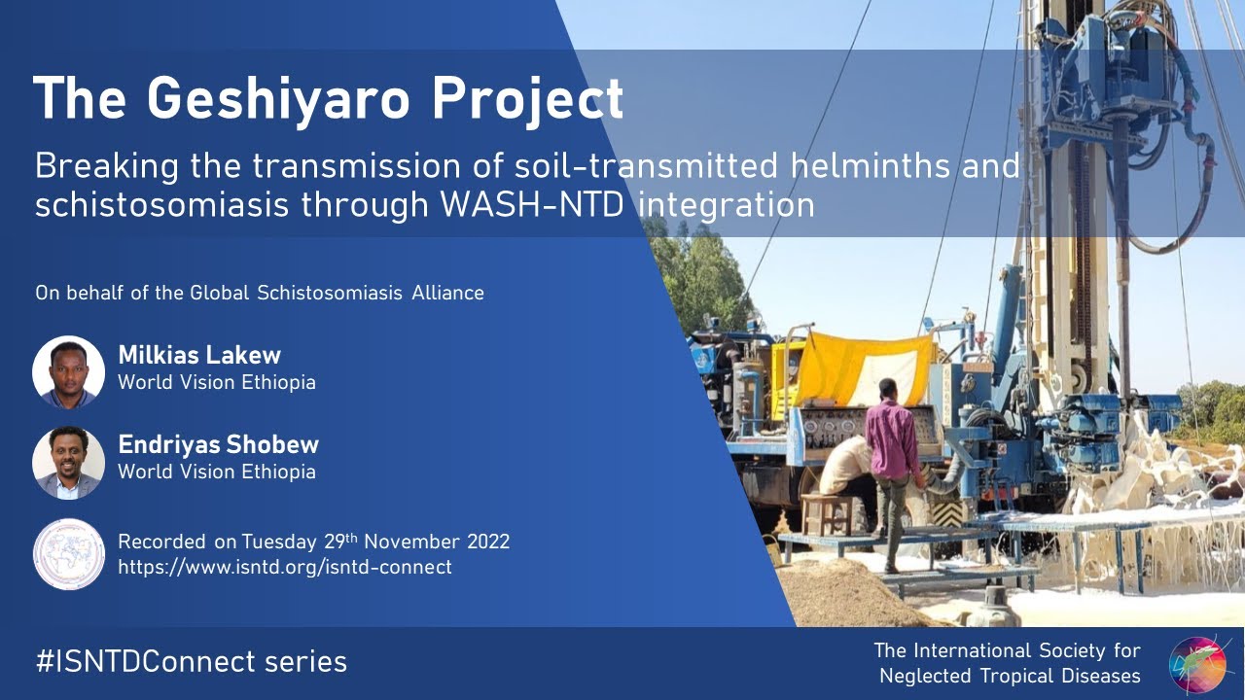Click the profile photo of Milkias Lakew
pyautogui.click(x=68, y=371)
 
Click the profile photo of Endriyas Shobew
pyautogui.click(x=68, y=463)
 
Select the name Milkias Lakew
pyautogui.click(x=199, y=355)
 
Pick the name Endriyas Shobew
pyautogui.click(x=218, y=445)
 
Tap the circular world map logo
pyautogui.click(x=68, y=554)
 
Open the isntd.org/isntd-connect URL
pyautogui.click(x=284, y=567)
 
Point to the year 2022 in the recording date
pyautogui.click(x=487, y=542)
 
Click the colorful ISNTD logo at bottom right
pyautogui.click(x=1197, y=665)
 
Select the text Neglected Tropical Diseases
pyautogui.click(x=1009, y=676)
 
